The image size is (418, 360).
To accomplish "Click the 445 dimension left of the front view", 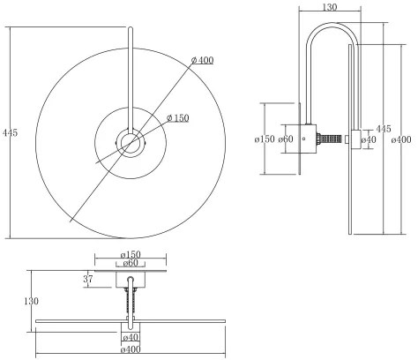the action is (11, 132).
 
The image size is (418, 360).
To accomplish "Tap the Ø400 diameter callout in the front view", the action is (203, 60).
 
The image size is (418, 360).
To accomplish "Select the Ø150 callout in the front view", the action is (178, 118).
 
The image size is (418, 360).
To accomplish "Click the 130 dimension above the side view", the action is (330, 7).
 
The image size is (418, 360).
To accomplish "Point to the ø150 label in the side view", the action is (265, 139).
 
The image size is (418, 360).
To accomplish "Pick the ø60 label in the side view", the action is (286, 139).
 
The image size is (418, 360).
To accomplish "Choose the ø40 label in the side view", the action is (369, 139).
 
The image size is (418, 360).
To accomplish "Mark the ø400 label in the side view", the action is (401, 139).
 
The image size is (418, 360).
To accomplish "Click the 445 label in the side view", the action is (384, 129).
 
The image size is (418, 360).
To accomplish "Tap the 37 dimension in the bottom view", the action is (88, 279).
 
